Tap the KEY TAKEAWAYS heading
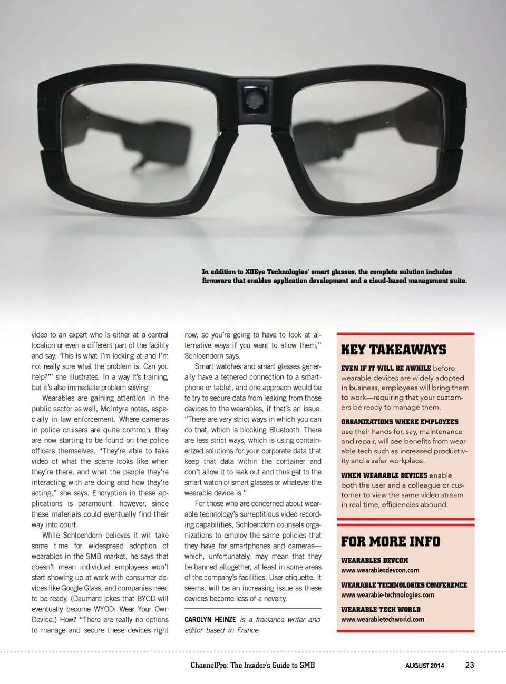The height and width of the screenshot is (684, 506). [x=393, y=350]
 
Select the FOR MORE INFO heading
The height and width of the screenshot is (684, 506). [x=390, y=541]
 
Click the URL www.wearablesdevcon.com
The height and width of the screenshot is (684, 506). [x=380, y=570]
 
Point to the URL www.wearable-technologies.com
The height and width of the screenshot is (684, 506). [x=387, y=595]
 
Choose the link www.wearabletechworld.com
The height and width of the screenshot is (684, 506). [x=382, y=619]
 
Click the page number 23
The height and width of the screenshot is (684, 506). [x=470, y=665]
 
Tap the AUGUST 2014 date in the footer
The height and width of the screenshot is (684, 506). [x=424, y=666]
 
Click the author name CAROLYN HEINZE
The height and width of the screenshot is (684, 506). [x=210, y=620]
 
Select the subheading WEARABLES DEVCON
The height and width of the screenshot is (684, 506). [x=374, y=561]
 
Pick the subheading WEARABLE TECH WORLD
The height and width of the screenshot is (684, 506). [x=381, y=610]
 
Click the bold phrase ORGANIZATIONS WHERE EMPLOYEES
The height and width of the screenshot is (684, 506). [x=400, y=422]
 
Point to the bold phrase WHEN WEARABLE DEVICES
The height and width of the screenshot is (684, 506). [x=384, y=475]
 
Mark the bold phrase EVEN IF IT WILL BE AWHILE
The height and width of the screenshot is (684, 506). [x=386, y=368]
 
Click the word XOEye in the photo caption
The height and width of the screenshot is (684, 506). [x=255, y=272]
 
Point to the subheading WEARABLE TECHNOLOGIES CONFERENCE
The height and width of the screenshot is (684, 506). [x=404, y=585]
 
